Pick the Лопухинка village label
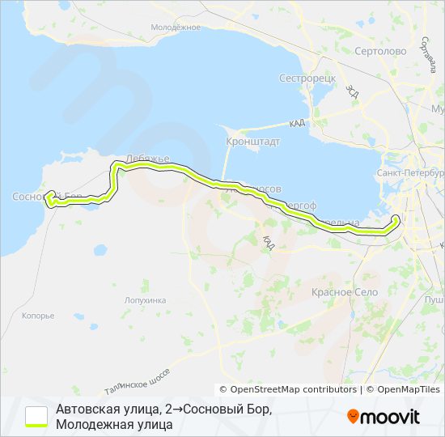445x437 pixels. point(146,299)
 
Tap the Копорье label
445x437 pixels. point(38,316)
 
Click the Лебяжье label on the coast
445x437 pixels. point(146,159)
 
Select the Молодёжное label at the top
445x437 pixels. point(176,27)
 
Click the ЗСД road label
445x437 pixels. point(351,91)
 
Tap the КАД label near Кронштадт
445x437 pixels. point(296,124)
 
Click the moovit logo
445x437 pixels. point(384,417)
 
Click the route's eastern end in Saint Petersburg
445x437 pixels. point(396,218)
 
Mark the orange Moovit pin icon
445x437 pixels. point(353,417)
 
